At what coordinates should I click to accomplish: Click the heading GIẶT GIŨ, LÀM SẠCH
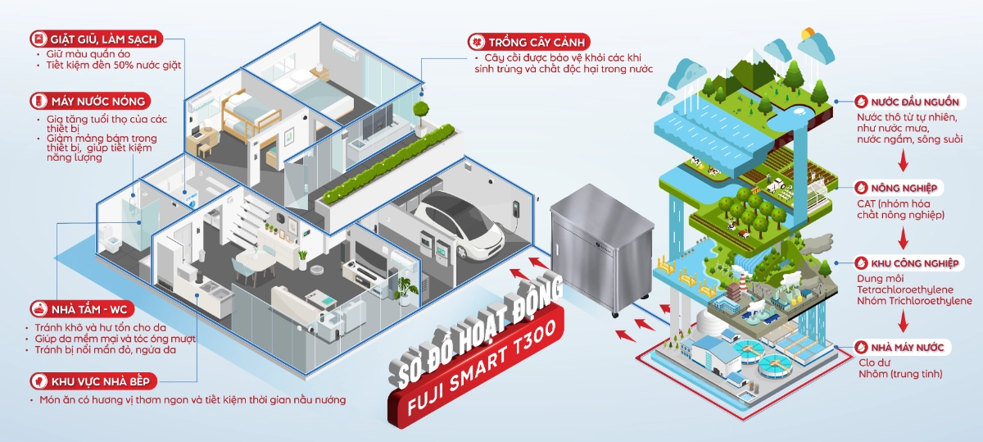(103, 39)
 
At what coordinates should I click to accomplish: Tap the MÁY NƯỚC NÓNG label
(98, 102)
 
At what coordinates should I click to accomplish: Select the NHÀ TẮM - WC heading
(89, 309)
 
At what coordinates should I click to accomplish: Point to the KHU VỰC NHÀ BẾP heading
(101, 381)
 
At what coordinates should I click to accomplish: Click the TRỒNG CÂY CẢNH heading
(537, 42)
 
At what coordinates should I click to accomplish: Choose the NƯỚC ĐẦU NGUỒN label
(915, 102)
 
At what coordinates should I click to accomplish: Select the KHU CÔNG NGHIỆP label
(915, 263)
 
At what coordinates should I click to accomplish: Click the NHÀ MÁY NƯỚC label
(907, 348)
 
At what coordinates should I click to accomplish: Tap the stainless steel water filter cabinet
(602, 249)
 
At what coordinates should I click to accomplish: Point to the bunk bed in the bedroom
(249, 114)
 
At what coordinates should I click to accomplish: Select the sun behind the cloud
(808, 34)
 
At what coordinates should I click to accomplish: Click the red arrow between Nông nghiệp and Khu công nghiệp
(903, 238)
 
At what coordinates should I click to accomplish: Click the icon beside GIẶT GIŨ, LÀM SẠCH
(39, 39)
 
